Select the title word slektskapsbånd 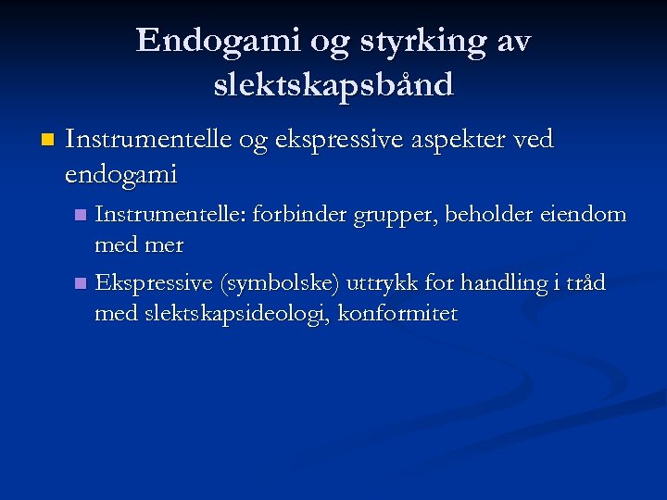pyautogui.click(x=333, y=84)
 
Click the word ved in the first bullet pyautogui.click(x=533, y=140)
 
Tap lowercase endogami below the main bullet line pyautogui.click(x=121, y=173)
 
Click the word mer pyautogui.click(x=166, y=245)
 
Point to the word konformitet pyautogui.click(x=398, y=314)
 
